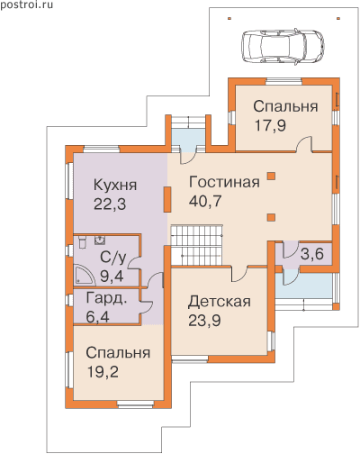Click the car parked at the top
pyautogui.click(x=283, y=47)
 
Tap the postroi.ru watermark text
pyautogui.click(x=26, y=5)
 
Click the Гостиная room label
pyautogui.click(x=224, y=183)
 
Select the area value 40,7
pyautogui.click(x=205, y=201)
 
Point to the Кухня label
pyautogui.click(x=115, y=185)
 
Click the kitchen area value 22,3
pyautogui.click(x=110, y=204)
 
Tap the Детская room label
pyautogui.click(x=220, y=302)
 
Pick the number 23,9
pyautogui.click(x=204, y=321)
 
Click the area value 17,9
pyautogui.click(x=270, y=126)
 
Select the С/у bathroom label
pyautogui.click(x=113, y=258)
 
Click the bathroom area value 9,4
pyautogui.click(x=112, y=276)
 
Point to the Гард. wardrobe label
pyautogui.click(x=106, y=300)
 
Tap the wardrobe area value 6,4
pyautogui.click(x=98, y=317)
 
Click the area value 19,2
pyautogui.click(x=103, y=372)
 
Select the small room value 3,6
pyautogui.click(x=312, y=255)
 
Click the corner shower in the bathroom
pyautogui.click(x=83, y=274)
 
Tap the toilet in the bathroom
pyautogui.click(x=82, y=241)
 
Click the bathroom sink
pyautogui.click(x=100, y=240)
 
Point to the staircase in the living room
pyautogui.click(x=197, y=245)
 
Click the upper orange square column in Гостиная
pyautogui.click(x=271, y=176)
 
